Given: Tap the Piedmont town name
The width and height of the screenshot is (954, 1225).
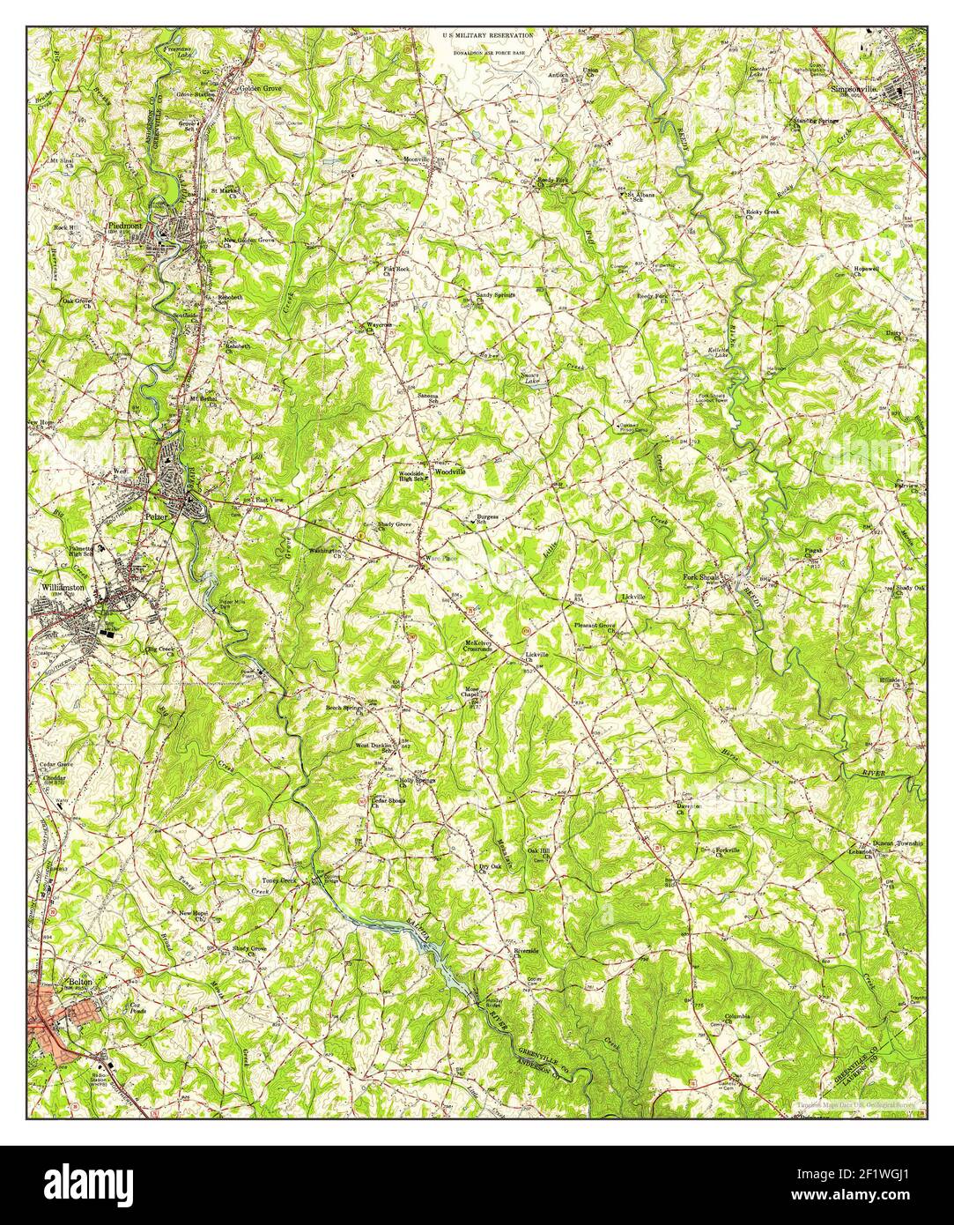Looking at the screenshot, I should pos(124,226).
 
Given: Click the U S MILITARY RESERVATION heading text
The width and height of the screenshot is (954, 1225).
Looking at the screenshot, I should pos(487,35).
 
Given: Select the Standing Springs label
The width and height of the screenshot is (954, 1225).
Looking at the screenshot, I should pos(814,120).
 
